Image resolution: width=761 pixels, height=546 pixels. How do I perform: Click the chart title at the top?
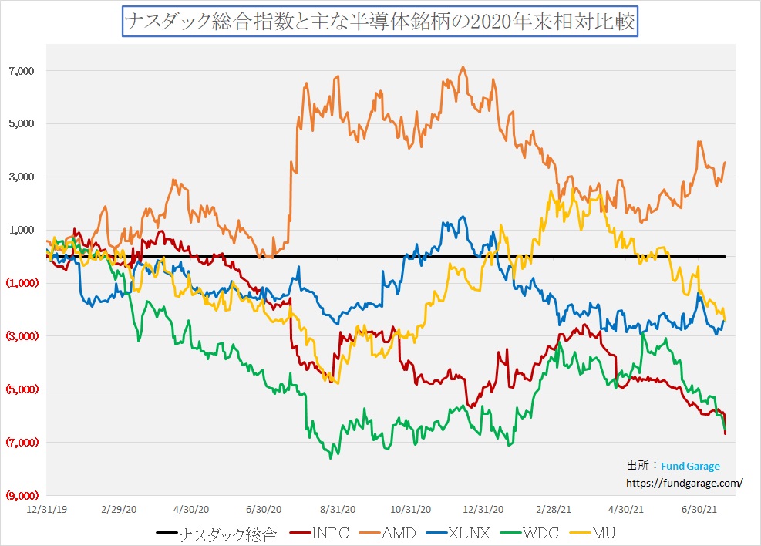(x=380, y=22)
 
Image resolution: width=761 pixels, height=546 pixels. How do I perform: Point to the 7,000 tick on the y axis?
(x=22, y=71)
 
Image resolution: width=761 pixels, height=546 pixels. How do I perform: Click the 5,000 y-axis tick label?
(x=22, y=124)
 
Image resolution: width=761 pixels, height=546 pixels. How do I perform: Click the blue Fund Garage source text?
(x=690, y=467)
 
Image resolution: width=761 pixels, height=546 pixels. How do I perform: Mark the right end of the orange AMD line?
(x=726, y=162)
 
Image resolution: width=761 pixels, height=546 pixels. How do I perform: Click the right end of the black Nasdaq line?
(x=726, y=256)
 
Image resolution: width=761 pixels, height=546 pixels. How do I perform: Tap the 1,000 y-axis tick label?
(x=22, y=230)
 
